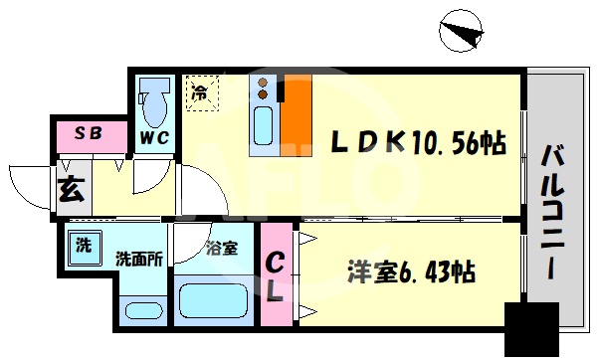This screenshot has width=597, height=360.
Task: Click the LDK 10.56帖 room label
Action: (x=411, y=143)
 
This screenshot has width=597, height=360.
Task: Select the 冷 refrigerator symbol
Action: (x=201, y=93)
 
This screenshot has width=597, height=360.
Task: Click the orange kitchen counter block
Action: (x=297, y=116)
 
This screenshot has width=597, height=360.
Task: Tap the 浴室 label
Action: (x=221, y=249)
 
